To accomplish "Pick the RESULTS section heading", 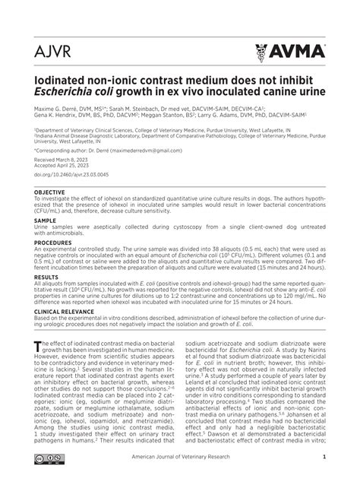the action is point(46,278).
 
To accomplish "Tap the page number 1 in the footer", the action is point(324,457).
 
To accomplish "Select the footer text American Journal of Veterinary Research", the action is point(213,457).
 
